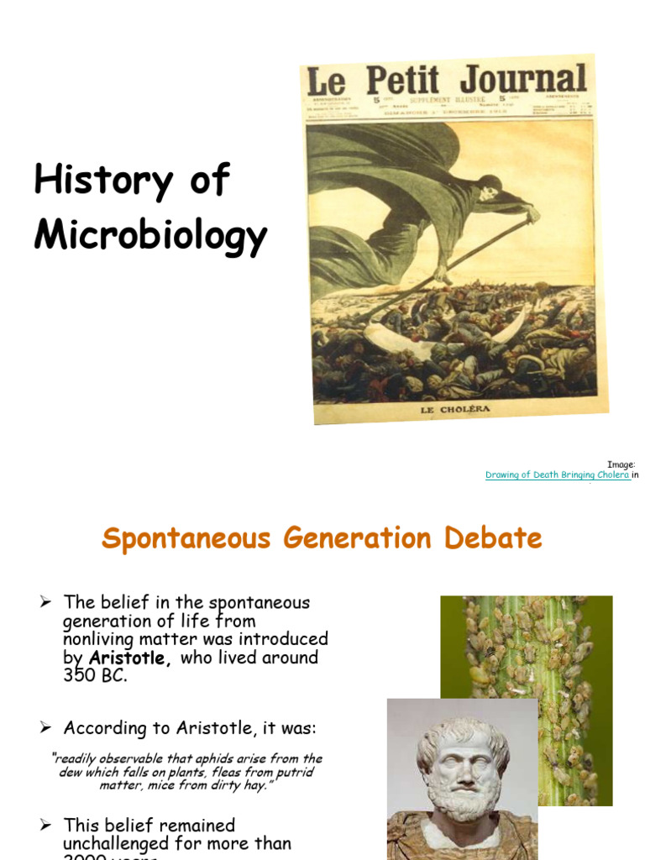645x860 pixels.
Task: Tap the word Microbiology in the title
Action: point(150,236)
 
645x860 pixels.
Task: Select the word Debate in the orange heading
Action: point(496,538)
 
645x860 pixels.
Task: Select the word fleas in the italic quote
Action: point(246,773)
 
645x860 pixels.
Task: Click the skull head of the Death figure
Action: point(490,192)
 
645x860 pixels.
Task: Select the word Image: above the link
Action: point(622,464)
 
